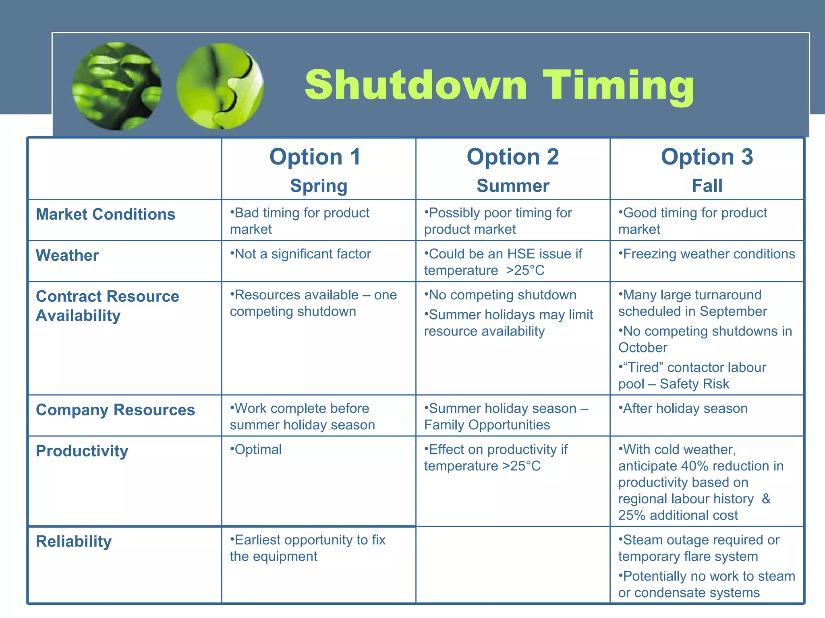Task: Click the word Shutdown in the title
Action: (x=416, y=85)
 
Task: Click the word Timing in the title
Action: (x=619, y=86)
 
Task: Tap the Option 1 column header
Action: (x=315, y=157)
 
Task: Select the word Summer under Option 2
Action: (x=513, y=186)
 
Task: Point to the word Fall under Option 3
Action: (x=707, y=186)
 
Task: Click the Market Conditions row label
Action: (x=106, y=214)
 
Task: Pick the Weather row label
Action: (x=67, y=255)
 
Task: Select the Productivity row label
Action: (x=82, y=451)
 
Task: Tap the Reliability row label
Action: (x=74, y=542)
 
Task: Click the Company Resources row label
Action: (x=115, y=410)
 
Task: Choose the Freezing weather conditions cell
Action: (x=708, y=254)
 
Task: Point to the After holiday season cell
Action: (x=685, y=409)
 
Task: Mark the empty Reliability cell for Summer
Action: (x=512, y=565)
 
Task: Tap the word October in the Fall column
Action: (x=643, y=348)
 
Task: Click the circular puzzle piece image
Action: (x=220, y=87)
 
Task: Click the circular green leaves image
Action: (x=117, y=87)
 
